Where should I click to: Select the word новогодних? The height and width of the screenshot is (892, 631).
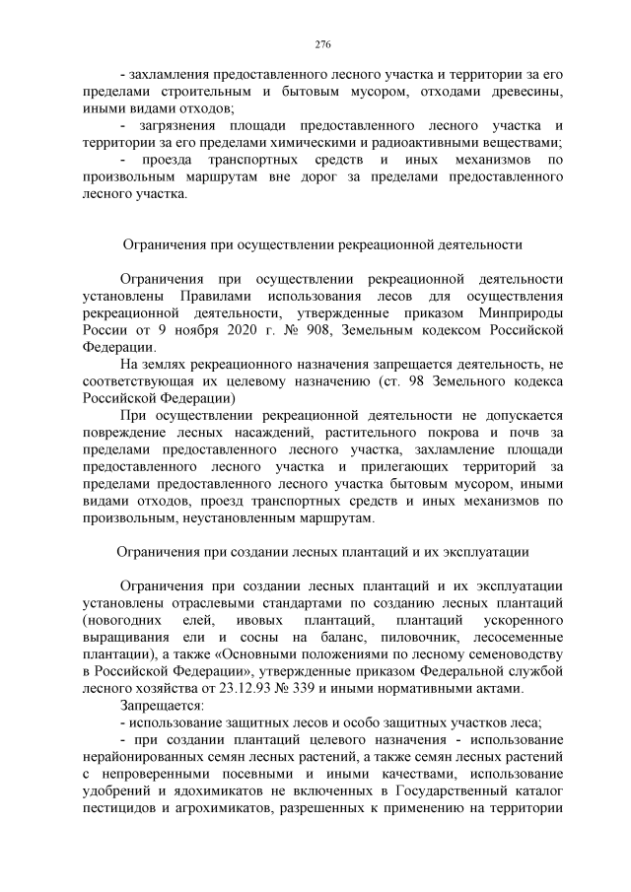tap(123, 621)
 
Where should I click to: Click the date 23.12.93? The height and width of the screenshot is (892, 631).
tap(263, 688)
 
